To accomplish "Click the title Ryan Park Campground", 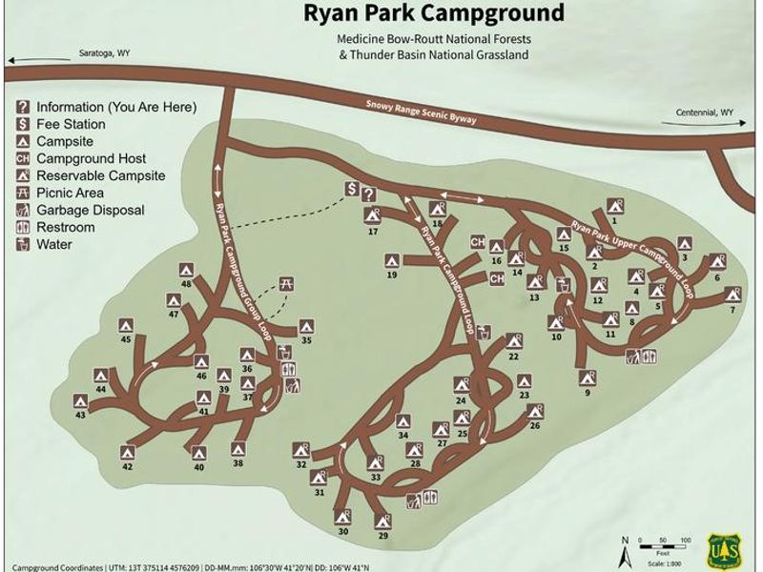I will (432, 13).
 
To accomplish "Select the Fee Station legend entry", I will (71, 124).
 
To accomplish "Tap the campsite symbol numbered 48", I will (186, 272).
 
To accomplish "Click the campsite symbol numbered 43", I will (81, 402).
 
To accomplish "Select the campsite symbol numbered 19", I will (391, 260).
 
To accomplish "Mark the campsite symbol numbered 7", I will (732, 295).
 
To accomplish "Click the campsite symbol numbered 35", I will (306, 325).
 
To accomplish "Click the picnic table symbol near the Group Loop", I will (285, 283).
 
